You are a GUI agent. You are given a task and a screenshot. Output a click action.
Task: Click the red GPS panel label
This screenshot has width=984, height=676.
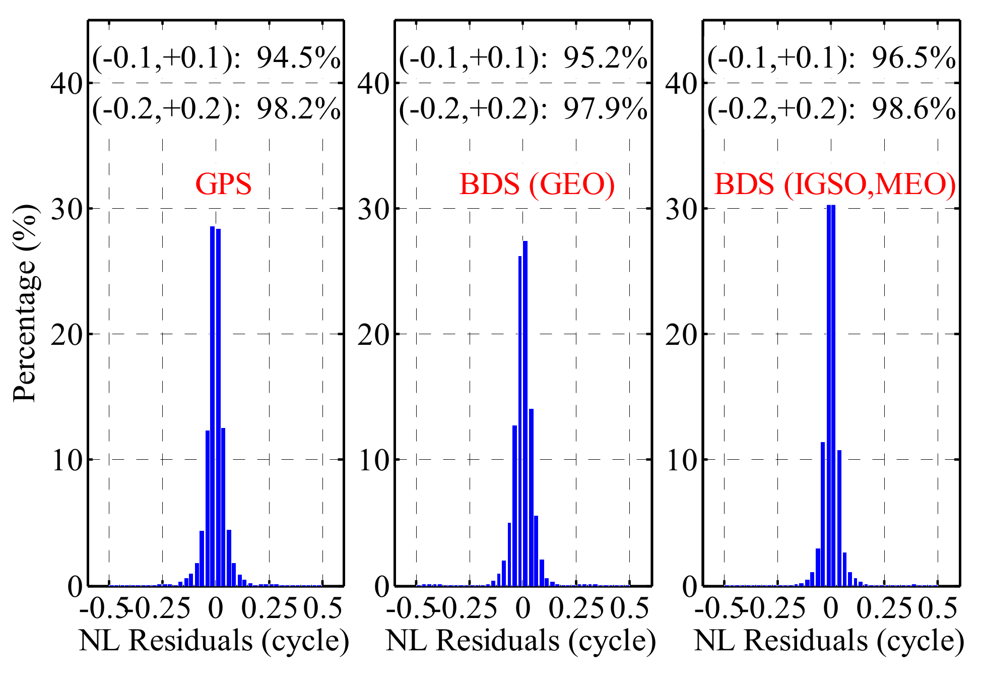(223, 184)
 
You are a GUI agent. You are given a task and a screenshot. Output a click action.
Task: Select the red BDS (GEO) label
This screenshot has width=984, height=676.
(537, 184)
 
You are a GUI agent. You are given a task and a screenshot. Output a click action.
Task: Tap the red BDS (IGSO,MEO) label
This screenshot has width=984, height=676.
(835, 184)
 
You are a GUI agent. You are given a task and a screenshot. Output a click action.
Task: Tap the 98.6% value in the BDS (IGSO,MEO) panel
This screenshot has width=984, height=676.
(913, 109)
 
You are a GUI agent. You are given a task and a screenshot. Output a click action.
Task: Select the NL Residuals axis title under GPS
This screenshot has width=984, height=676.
(214, 641)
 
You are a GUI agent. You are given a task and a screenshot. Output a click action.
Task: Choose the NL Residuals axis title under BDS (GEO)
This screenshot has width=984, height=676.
(521, 641)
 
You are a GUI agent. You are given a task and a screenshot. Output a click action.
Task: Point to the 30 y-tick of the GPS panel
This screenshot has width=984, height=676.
(67, 209)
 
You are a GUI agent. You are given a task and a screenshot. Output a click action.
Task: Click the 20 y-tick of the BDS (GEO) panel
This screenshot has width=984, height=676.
(373, 334)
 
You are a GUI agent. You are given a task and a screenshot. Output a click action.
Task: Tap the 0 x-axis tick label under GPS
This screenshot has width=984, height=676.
(216, 609)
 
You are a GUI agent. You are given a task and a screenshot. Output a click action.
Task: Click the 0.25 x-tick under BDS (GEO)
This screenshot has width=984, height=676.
(576, 609)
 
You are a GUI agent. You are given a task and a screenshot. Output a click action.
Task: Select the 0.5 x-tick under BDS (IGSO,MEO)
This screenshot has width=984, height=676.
(937, 609)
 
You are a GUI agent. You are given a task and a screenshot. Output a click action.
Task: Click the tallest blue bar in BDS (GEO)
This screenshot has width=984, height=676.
(525, 413)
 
